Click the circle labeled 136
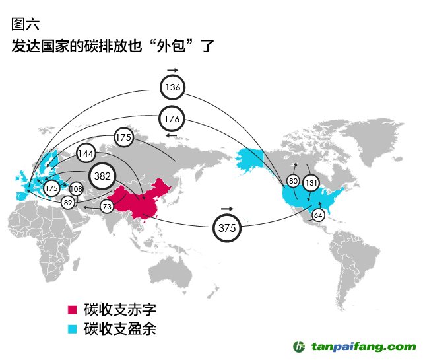coord(173,87)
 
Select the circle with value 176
coord(172,118)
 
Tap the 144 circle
coord(86,153)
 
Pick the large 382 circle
coord(102,176)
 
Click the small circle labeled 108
coord(77,189)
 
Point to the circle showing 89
coord(68,202)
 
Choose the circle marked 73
coord(107,207)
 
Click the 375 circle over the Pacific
coord(227,228)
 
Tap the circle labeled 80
coord(293,181)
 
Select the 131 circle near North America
coord(311,183)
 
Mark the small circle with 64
coord(318,215)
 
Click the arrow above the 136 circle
coord(173,70)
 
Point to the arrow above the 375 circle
coord(227,209)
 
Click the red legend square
coord(72,310)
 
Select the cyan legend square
coord(72,329)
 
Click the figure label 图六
coord(25,24)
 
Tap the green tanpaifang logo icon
coord(299,347)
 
